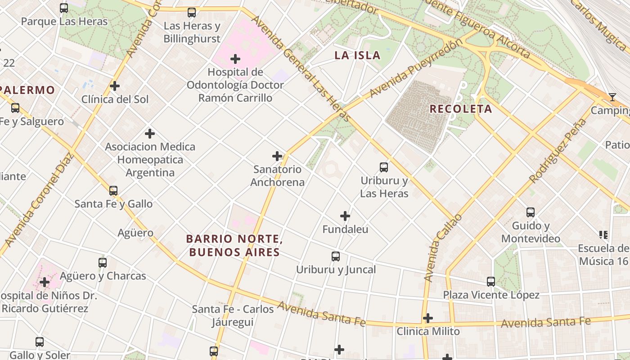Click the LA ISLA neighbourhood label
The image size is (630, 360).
pos(357,55)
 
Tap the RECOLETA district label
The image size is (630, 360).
pos(460,109)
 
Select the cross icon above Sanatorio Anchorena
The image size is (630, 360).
pos(277,156)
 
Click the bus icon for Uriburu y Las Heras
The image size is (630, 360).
pos(384,167)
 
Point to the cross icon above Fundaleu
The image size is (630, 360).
pos(345,216)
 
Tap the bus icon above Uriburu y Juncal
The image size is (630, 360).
pos(336,256)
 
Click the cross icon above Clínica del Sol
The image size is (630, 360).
pos(115,85)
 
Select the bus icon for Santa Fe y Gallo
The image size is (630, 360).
pos(113,191)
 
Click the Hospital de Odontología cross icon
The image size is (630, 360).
pos(235,59)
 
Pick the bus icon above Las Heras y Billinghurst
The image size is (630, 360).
pos(192,13)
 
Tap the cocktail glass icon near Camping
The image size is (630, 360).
pos(612,97)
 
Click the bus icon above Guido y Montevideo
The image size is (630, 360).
pos(531,212)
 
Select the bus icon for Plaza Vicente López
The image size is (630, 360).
pos(491,282)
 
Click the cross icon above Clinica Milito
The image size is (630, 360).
pos(428,319)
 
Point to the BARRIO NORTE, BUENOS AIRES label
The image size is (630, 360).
pos(234,245)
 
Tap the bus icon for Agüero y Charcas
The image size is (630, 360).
pos(103,263)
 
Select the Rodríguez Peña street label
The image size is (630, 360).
pos(558,151)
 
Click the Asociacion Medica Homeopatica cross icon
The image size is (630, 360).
pos(150,134)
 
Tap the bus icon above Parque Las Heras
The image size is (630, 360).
pos(64,8)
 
